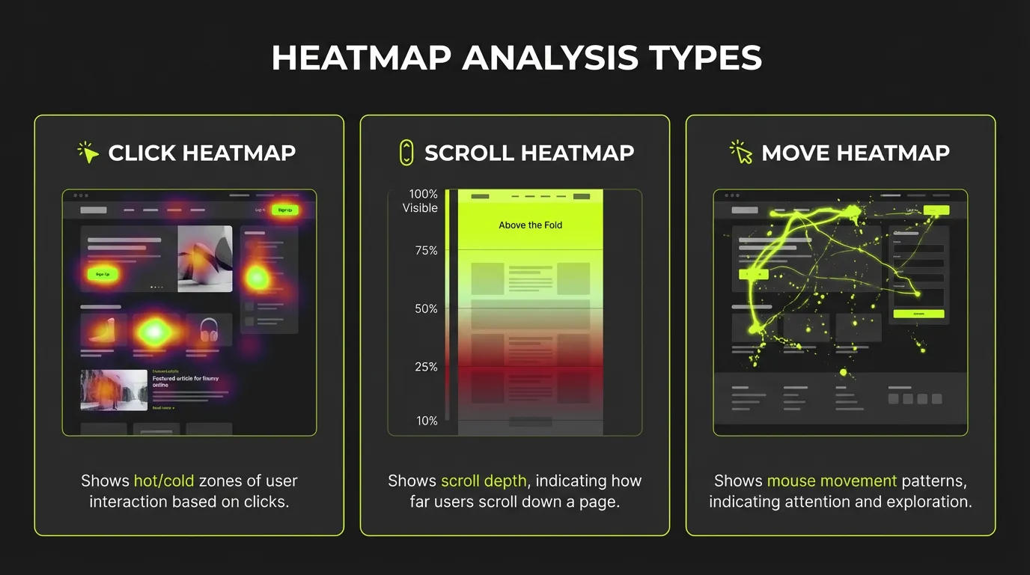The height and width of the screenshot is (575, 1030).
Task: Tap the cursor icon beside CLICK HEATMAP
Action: point(89,153)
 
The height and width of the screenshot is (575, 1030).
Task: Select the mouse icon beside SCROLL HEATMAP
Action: point(406,152)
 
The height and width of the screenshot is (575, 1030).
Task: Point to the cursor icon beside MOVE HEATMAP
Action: point(742,152)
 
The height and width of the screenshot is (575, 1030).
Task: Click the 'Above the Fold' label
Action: point(530,225)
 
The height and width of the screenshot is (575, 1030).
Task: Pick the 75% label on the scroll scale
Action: point(426,251)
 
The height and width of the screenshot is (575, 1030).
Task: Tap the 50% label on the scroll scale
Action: point(426,308)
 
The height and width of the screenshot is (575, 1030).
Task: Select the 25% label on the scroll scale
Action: point(426,367)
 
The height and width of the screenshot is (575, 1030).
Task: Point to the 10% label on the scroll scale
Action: point(427,421)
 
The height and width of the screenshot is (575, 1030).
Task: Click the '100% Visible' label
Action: point(421,201)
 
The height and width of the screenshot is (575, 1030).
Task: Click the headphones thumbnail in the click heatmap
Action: point(208,329)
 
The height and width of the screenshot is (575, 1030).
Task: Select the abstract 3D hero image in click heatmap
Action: point(205,258)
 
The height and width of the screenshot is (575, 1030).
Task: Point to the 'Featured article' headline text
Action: point(186,382)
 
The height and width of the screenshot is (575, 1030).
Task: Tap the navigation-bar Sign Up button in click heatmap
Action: point(285,210)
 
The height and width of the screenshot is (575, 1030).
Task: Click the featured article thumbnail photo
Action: point(114,389)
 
